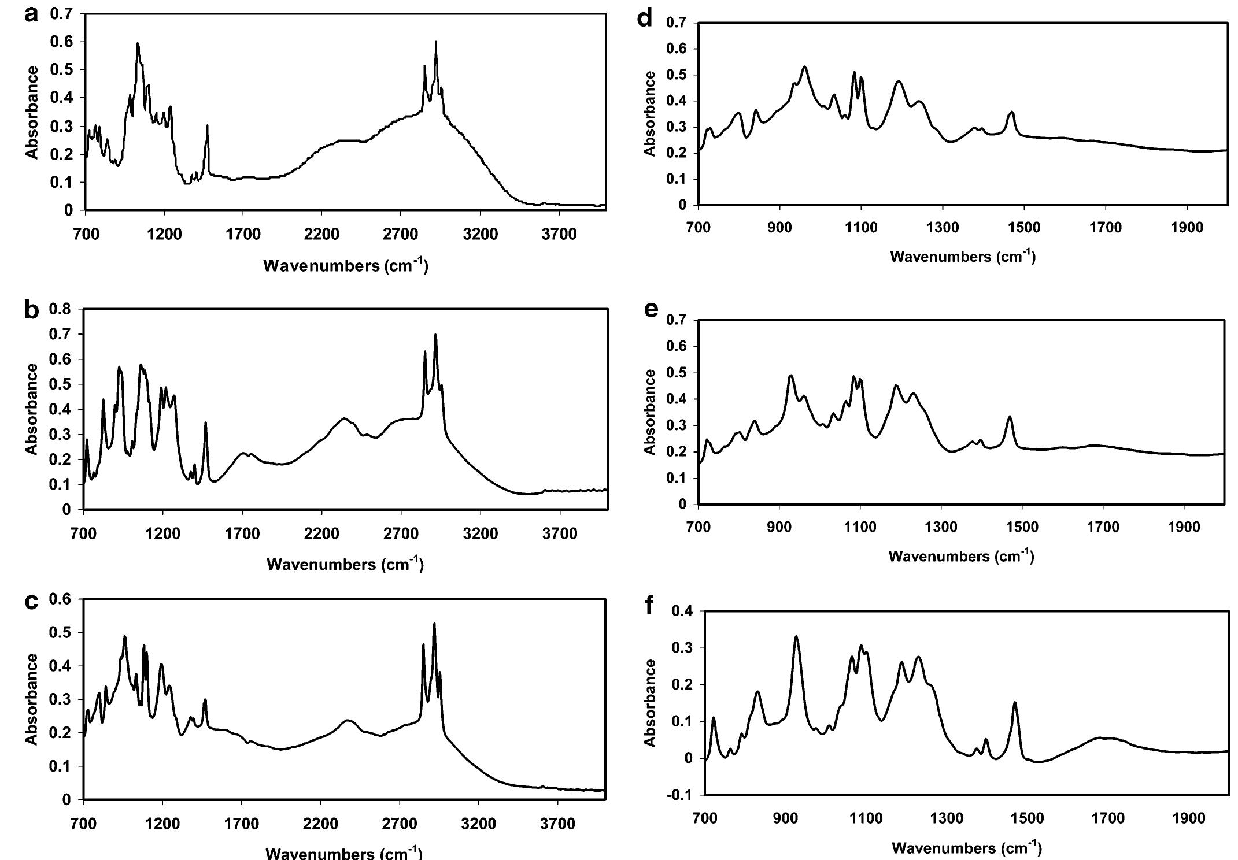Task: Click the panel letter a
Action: click(33, 15)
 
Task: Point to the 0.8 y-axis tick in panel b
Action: click(60, 309)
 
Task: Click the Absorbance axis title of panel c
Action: click(32, 699)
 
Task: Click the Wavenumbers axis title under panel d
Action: click(963, 257)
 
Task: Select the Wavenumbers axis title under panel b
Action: click(345, 565)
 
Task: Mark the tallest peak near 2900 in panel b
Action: click(435, 335)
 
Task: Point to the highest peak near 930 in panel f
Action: click(796, 636)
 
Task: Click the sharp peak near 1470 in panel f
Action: click(1015, 703)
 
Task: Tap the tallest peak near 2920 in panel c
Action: click(434, 624)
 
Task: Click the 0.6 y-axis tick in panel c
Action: click(60, 599)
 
